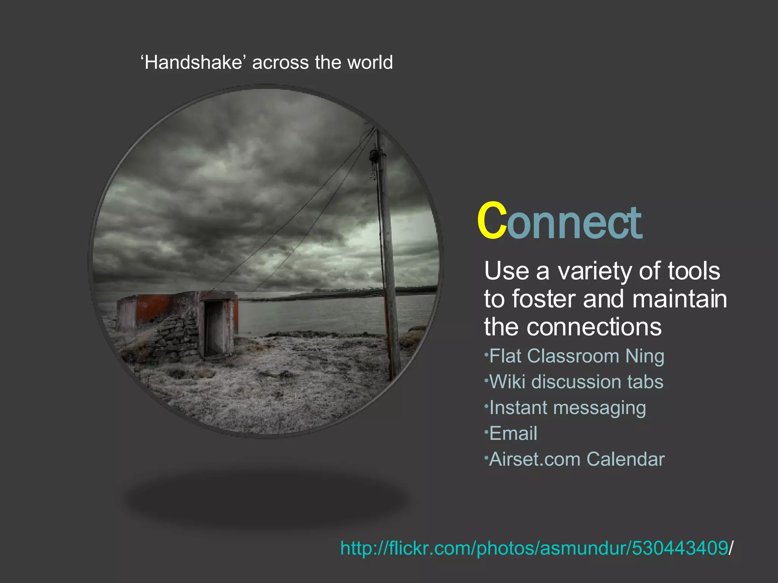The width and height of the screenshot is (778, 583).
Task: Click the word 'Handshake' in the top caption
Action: click(193, 63)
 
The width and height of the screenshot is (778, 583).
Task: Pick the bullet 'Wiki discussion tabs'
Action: click(576, 382)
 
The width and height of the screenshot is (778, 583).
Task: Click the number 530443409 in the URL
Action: click(680, 548)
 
